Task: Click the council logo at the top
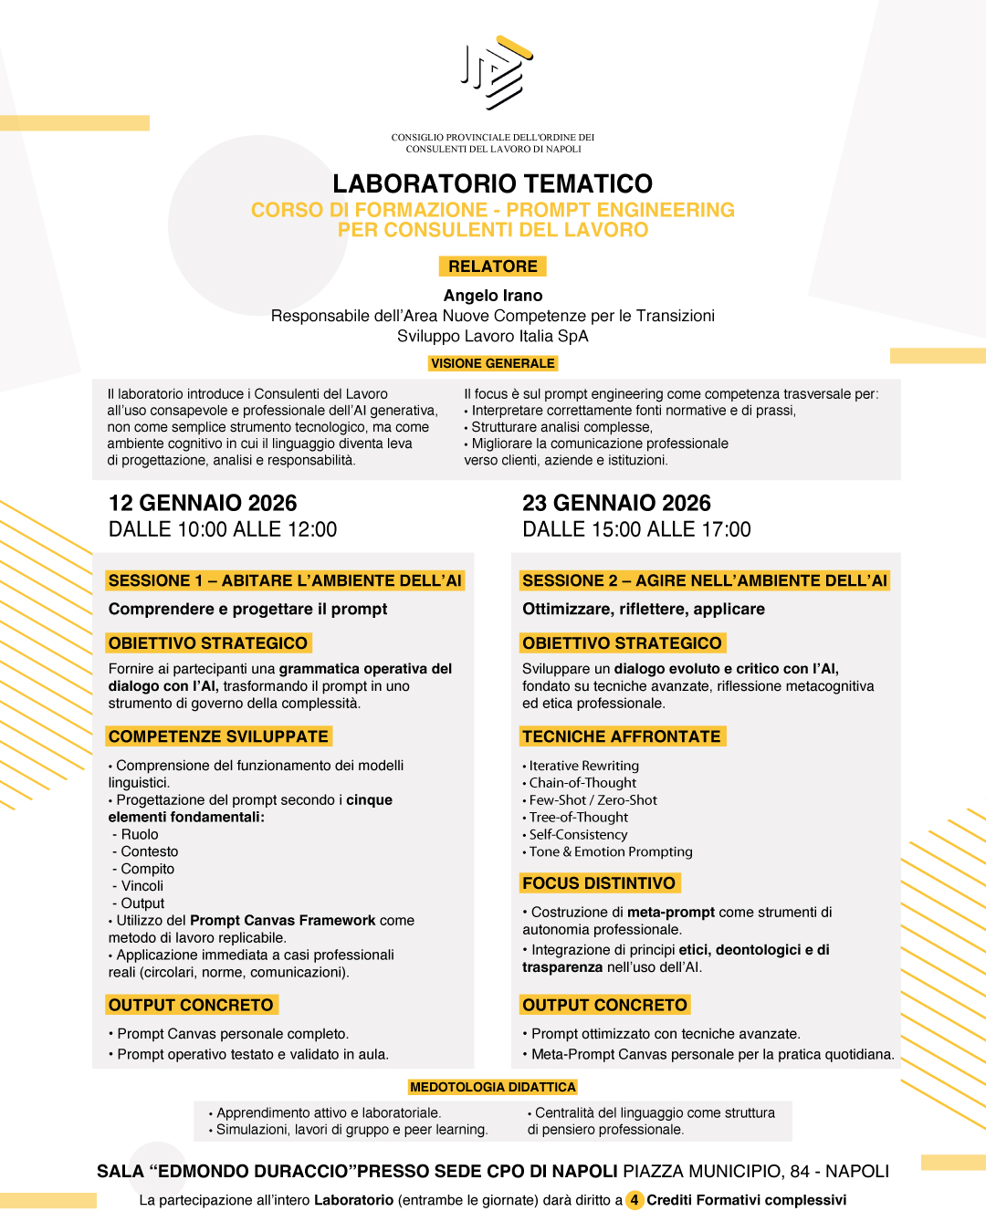496,73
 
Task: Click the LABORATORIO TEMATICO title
493,183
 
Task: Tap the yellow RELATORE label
493,266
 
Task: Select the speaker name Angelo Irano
493,296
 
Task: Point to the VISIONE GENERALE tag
493,363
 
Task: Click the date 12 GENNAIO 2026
203,503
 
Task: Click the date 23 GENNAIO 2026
616,503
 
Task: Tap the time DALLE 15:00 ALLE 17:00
636,529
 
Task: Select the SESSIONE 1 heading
285,580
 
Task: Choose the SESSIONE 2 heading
704,580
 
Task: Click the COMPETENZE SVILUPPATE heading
218,736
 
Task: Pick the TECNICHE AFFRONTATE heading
622,736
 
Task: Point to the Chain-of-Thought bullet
582,783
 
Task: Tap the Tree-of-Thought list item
579,818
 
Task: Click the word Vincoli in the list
142,886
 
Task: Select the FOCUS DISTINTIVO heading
599,883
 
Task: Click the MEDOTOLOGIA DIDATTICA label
493,1087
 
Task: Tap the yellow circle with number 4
635,1200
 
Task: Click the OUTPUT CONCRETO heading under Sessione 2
604,1005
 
